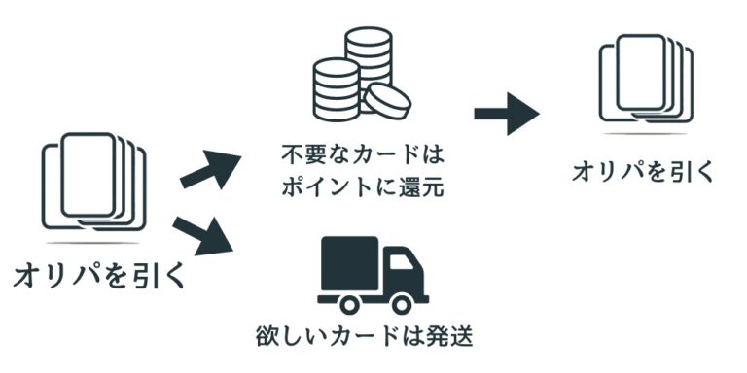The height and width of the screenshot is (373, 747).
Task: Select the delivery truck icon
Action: tap(373, 276)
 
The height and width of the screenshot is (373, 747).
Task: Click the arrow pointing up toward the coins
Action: tap(210, 169)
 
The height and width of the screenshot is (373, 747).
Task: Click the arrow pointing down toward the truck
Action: tap(203, 236)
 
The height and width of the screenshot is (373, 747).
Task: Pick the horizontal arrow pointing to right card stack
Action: tap(507, 114)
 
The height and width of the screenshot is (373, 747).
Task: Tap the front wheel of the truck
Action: tap(401, 304)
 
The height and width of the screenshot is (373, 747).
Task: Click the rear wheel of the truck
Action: tap(349, 304)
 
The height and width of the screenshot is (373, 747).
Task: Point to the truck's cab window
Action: tap(401, 261)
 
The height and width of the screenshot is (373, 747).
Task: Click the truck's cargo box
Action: tap(350, 263)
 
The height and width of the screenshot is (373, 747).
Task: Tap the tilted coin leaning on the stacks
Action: tap(387, 101)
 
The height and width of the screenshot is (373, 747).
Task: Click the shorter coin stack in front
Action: tap(337, 89)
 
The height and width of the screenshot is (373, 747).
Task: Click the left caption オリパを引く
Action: tap(99, 277)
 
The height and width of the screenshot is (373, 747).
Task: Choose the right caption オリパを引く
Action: tap(643, 171)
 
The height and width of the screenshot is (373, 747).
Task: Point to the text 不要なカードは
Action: tap(363, 156)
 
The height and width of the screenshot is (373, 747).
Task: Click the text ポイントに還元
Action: tap(363, 186)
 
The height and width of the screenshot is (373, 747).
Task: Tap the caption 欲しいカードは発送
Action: tap(365, 337)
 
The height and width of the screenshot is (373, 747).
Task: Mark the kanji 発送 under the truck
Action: tap(448, 337)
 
